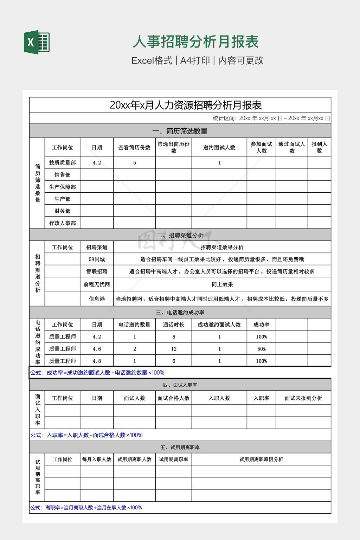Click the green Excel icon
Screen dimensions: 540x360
click(37, 43)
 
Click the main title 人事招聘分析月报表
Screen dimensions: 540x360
click(195, 42)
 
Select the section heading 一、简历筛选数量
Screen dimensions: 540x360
click(180, 131)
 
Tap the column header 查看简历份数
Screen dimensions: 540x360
click(134, 148)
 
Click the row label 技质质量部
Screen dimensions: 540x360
click(62, 163)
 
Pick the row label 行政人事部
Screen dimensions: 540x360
click(62, 223)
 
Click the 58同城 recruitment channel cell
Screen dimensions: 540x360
click(97, 259)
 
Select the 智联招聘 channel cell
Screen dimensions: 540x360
click(97, 271)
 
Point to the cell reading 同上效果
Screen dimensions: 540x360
click(222, 284)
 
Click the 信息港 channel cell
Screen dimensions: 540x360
click(97, 299)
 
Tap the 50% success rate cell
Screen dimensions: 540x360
click(261, 349)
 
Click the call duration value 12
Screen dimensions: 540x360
click(174, 349)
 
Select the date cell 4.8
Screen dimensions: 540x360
click(97, 361)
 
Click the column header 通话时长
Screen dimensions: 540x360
click(174, 325)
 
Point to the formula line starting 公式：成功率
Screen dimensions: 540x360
click(97, 373)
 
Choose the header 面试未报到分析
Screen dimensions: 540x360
click(303, 398)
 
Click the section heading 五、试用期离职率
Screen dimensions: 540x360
click(180, 448)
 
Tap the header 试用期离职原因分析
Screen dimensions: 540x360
click(261, 459)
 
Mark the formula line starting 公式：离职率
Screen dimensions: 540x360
click(86, 508)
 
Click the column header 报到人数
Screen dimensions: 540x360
click(319, 147)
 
